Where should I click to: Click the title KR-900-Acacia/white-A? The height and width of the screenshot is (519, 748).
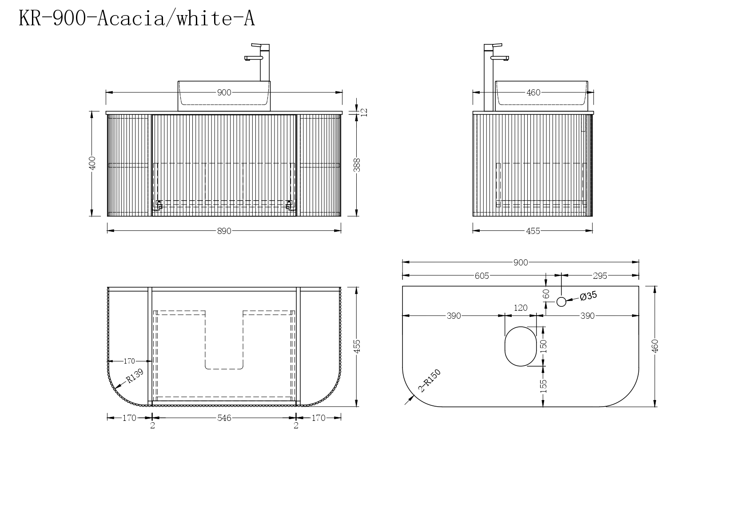[137, 18]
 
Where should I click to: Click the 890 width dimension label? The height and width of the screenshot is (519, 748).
[224, 231]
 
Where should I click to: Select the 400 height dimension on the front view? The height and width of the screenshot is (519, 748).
[92, 163]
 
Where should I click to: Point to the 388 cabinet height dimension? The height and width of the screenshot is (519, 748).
[357, 165]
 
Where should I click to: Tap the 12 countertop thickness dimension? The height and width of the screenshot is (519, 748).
[364, 112]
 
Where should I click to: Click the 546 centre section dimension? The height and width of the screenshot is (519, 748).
[224, 418]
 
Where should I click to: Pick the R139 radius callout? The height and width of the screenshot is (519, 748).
[135, 376]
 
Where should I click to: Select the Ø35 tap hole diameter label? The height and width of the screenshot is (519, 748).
[589, 296]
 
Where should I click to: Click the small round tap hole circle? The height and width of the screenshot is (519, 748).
[561, 302]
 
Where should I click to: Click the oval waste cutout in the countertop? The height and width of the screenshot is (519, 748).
[521, 346]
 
